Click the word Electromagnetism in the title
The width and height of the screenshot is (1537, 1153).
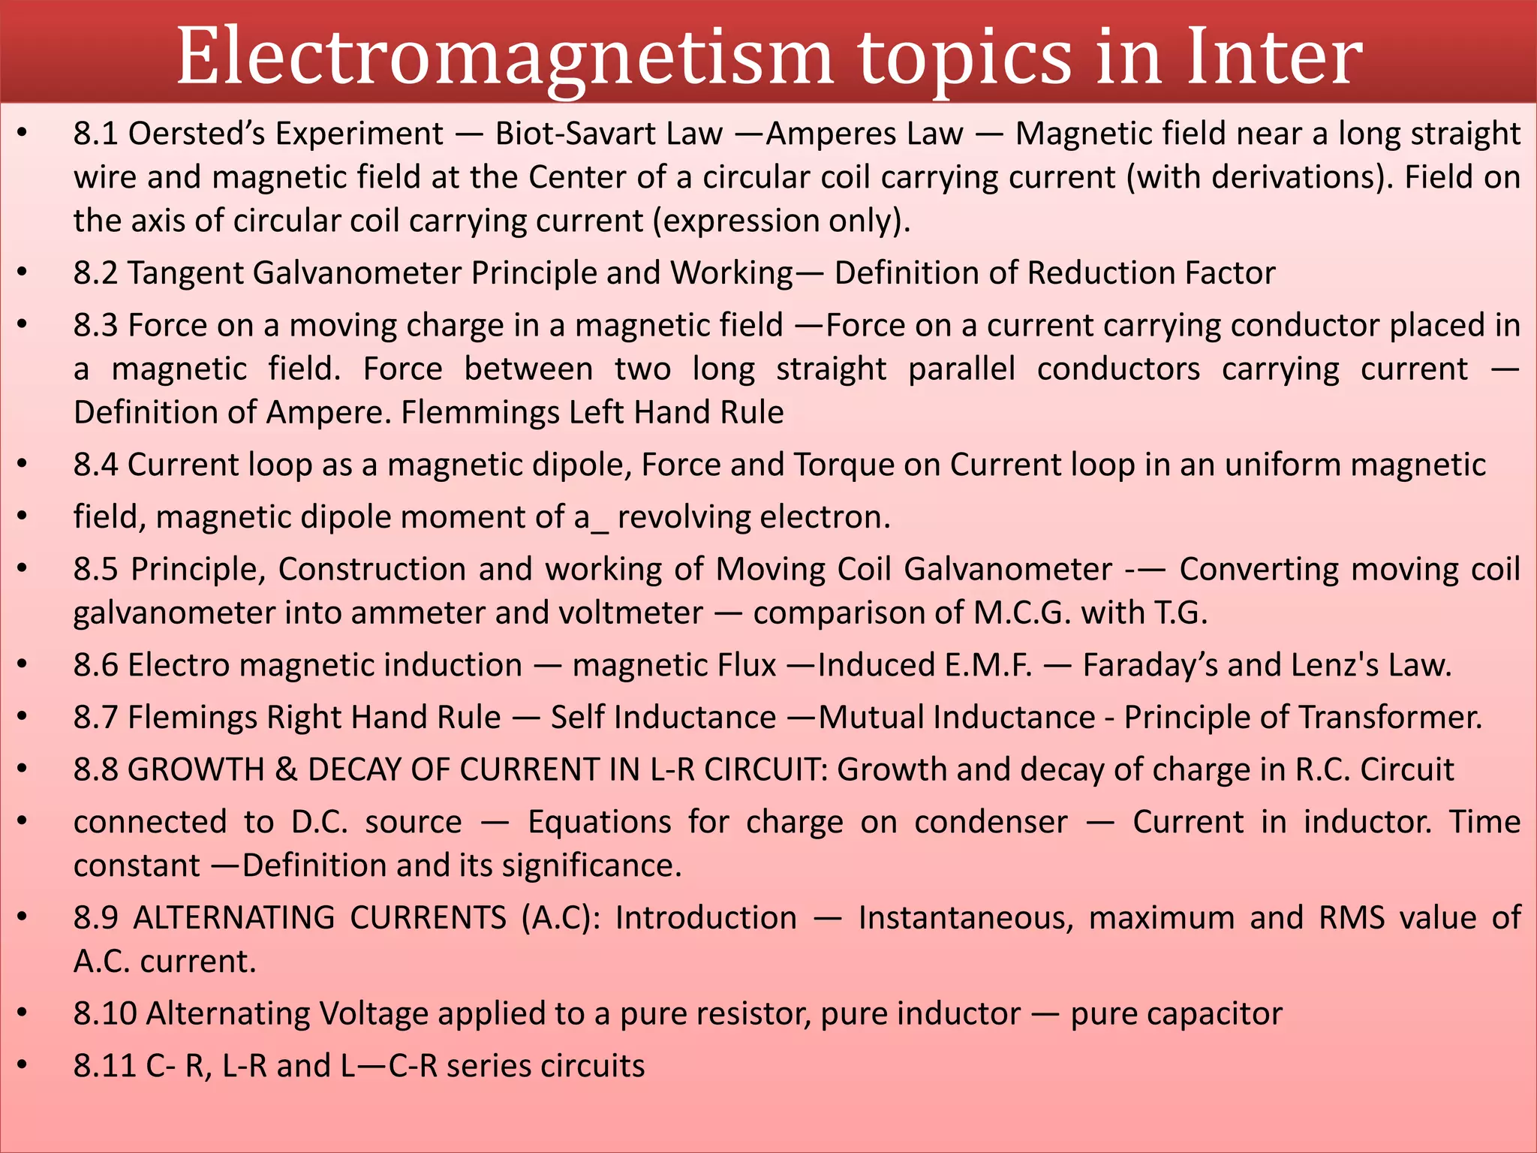504,57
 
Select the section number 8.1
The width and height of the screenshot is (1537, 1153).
95,134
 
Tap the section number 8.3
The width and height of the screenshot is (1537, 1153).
95,326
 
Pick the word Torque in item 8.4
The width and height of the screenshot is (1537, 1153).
844,465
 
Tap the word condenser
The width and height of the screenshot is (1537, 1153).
991,822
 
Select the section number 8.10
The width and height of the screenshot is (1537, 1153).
104,1014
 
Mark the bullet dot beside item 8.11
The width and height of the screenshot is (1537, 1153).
23,1065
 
